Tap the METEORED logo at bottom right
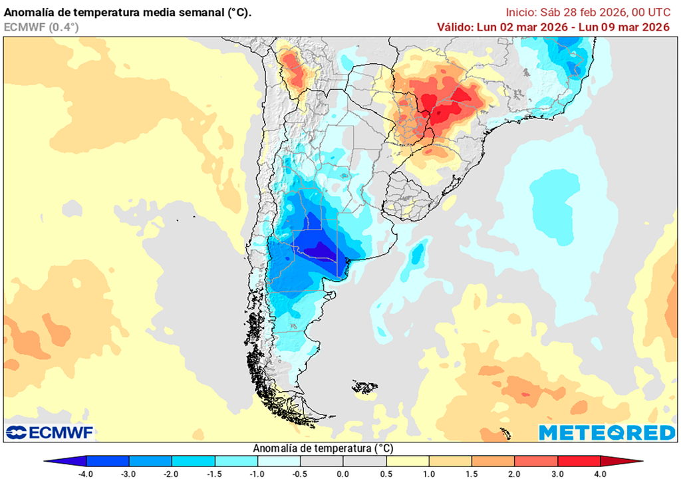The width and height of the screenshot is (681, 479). (607, 432)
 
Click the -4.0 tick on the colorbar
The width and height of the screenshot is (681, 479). (86, 474)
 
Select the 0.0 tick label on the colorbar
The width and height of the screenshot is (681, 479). (342, 474)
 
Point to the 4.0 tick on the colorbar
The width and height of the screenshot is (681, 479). (600, 474)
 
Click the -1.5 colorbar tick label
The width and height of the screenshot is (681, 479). (215, 474)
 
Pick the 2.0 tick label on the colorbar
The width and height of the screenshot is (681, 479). (515, 474)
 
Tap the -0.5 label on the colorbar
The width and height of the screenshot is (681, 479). (300, 474)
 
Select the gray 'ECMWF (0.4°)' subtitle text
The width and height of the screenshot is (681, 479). (41, 27)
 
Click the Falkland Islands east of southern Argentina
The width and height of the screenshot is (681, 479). (365, 387)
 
